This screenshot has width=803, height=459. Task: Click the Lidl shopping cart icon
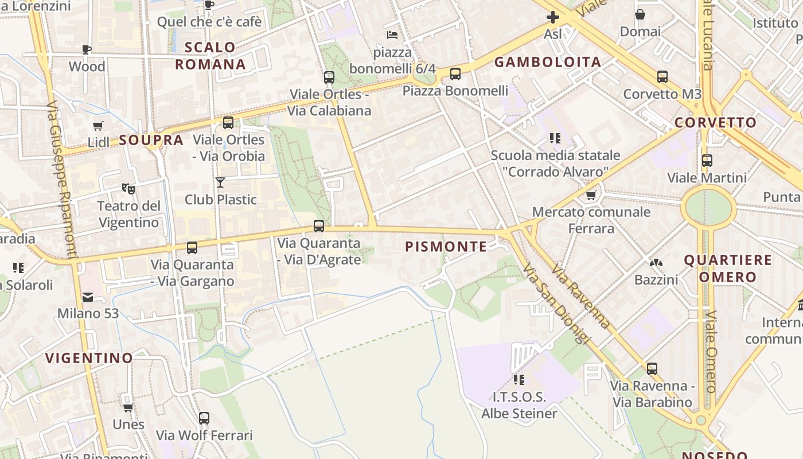(98, 126)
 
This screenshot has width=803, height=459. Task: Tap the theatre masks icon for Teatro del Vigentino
(128, 188)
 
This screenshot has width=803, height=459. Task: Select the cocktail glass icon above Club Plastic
(220, 182)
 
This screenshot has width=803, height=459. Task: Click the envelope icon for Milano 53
(88, 297)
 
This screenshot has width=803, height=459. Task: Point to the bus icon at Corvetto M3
(662, 77)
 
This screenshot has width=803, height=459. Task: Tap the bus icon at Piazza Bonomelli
(455, 73)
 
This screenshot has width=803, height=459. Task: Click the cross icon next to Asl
(553, 18)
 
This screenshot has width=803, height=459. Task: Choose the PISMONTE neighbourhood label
(446, 247)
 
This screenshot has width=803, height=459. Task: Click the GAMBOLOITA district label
(548, 63)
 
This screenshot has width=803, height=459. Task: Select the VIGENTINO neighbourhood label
(89, 358)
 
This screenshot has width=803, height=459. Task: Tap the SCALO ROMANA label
(211, 56)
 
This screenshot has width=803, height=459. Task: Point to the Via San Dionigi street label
(556, 304)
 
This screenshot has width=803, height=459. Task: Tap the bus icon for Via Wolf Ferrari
(204, 418)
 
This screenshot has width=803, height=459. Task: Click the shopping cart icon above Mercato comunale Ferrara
(591, 195)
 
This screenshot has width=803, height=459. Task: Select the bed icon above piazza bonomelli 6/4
(392, 35)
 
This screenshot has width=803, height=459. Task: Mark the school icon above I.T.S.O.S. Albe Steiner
(519, 379)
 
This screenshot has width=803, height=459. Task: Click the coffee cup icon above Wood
(87, 49)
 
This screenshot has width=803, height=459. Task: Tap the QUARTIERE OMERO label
(728, 269)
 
